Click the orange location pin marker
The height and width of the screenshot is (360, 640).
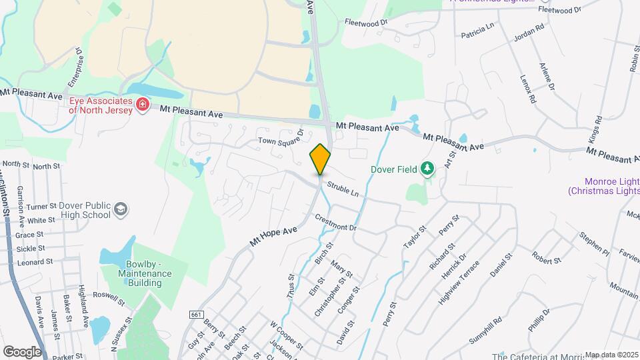pyautogui.click(x=321, y=159)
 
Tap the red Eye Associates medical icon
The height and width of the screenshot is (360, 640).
pyautogui.click(x=141, y=105)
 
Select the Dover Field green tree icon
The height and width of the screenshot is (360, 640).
pyautogui.click(x=427, y=169)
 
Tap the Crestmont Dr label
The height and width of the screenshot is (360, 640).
pyautogui.click(x=337, y=223)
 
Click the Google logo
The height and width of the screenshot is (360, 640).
pyautogui.click(x=21, y=351)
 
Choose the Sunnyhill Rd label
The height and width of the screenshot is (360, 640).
pyautogui.click(x=485, y=331)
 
